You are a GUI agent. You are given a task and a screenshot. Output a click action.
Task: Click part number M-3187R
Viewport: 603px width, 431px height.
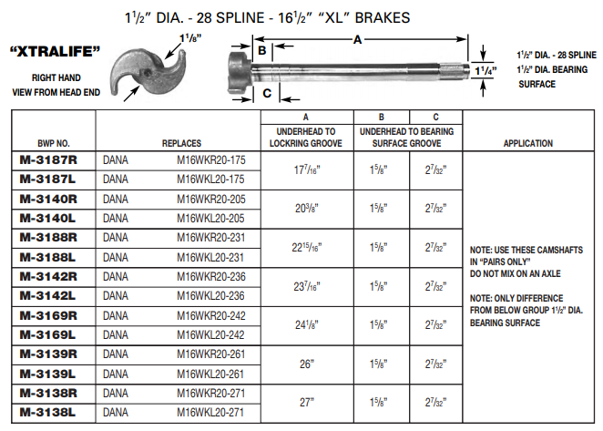point(48,160)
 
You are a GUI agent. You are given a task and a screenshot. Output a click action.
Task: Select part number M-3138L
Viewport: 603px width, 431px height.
point(48,412)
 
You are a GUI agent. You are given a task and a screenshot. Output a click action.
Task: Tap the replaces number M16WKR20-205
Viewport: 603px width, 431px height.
point(211,199)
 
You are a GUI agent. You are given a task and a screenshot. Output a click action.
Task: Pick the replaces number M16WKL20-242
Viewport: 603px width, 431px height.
point(211,334)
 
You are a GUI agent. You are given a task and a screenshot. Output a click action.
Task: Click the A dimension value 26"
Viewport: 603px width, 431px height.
point(307,364)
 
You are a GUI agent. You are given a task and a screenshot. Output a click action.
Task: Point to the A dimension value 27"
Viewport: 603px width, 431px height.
point(307,402)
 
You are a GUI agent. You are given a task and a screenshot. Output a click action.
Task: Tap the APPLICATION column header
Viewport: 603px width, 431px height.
point(527,143)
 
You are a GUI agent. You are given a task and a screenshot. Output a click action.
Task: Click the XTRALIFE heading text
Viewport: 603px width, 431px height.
point(54,52)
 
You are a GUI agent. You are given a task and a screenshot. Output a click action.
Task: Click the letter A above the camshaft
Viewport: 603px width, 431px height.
point(357,39)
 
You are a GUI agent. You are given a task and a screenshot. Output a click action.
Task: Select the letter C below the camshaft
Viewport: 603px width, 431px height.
point(267,93)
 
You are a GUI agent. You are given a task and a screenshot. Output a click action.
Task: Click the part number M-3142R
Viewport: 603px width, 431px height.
point(48,276)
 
